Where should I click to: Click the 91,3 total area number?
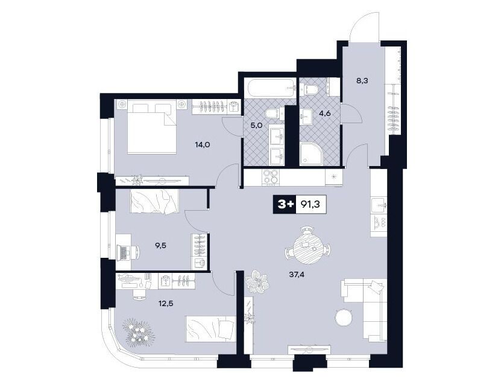point(310,205)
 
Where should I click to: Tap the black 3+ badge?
point(284,205)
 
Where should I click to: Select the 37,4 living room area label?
point(297,275)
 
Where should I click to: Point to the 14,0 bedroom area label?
point(203,145)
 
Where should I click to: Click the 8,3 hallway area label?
point(362,80)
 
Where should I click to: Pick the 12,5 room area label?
point(166,303)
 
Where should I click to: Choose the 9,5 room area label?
point(160,246)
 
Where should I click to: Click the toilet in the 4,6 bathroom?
point(309,89)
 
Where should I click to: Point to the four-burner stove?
point(271,178)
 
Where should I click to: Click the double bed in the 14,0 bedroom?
point(152,127)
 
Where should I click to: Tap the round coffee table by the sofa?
point(344,318)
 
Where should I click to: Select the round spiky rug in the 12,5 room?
point(139,331)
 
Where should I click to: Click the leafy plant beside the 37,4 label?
point(257,281)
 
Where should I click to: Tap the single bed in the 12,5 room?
point(210,328)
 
